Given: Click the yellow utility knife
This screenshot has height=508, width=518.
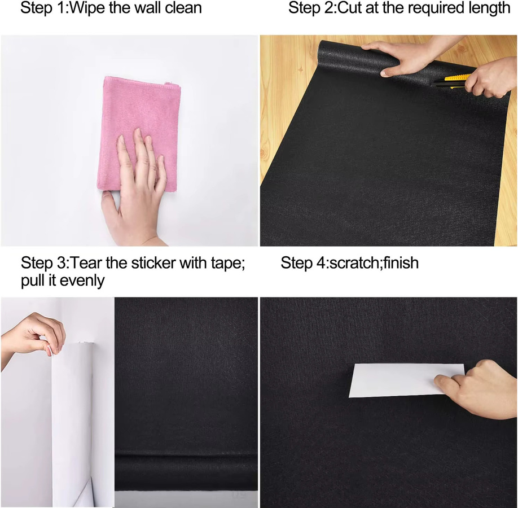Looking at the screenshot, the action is click(452, 80).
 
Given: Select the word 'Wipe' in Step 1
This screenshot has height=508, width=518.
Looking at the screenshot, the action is click(88, 7).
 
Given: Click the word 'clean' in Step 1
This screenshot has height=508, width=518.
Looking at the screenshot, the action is click(183, 7).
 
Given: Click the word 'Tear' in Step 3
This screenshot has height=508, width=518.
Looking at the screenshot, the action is click(86, 263).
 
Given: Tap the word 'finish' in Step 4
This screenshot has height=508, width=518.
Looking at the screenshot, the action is click(401, 263).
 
